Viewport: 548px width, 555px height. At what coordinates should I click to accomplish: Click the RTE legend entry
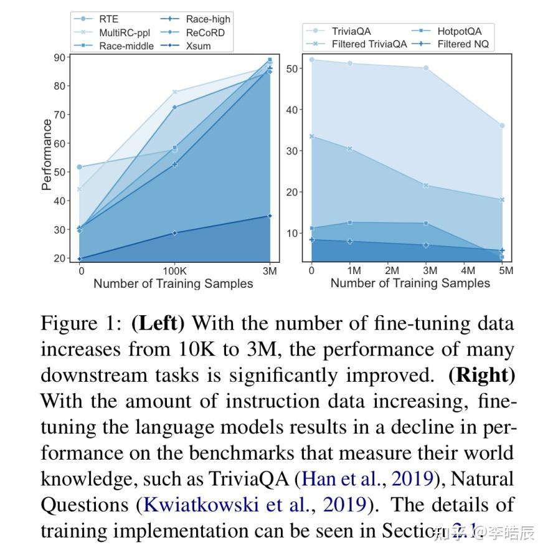[108, 19]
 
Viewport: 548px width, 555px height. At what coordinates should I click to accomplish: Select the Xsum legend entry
[198, 45]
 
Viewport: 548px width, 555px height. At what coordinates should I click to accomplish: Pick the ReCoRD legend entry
[205, 32]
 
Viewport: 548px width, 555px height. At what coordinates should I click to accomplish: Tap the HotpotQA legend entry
[459, 31]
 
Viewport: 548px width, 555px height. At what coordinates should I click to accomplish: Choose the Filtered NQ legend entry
[463, 44]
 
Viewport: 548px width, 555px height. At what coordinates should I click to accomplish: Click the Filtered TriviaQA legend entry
[369, 44]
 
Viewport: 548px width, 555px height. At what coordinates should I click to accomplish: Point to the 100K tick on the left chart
[174, 272]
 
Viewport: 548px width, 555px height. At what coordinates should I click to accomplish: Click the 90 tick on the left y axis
[60, 57]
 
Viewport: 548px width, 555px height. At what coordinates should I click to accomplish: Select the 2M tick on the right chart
[392, 271]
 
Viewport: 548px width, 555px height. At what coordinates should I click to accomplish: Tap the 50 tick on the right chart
[293, 69]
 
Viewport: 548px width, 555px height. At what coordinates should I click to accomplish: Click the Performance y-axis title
[47, 155]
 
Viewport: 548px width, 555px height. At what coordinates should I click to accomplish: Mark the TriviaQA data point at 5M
[502, 126]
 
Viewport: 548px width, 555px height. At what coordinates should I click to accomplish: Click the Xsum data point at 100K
[175, 233]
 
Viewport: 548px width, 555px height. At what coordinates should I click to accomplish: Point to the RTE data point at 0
[79, 167]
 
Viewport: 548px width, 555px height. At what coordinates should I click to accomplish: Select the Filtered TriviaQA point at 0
[311, 136]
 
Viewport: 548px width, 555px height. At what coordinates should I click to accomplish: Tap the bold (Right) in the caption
[482, 376]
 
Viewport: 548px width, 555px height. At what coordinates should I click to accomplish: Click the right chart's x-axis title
[410, 283]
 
